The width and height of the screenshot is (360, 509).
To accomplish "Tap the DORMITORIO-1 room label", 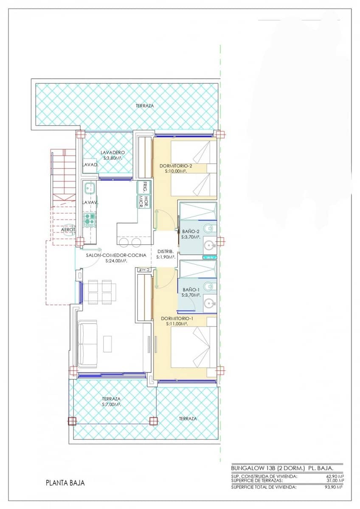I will pos(174,318).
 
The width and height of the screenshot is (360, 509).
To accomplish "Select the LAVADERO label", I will pos(112,152).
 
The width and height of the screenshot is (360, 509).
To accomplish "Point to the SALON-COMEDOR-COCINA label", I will pos(116,255).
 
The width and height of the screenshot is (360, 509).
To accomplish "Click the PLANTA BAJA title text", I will pos(65,483).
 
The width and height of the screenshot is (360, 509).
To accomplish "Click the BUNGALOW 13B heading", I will pos(253,468).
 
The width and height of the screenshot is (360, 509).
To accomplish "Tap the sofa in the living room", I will pos(87,344).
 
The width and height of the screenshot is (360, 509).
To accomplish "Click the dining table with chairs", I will pos(98,292).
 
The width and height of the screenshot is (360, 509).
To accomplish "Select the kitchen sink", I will pos(90,187).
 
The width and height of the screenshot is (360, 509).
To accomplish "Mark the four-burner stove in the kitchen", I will pos(90,219).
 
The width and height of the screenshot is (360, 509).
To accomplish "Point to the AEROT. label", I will pos(68,229).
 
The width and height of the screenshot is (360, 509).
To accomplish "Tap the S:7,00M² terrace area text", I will pos(111,405).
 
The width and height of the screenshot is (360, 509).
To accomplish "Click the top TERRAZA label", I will pos(145,106).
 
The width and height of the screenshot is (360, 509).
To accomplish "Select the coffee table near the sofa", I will pos(108,344).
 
